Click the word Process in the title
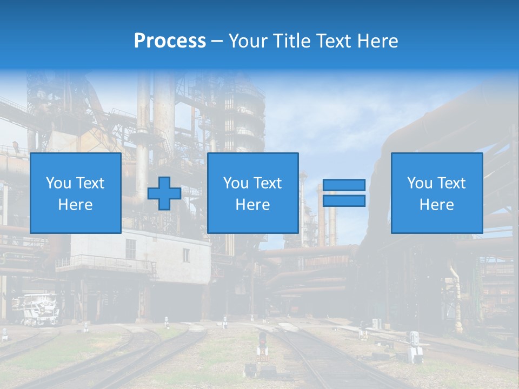170,41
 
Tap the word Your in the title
248,41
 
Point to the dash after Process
217,42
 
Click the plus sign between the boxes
164,193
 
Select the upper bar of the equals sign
344,185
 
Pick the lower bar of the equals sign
344,200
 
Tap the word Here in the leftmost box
75,205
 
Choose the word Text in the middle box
268,183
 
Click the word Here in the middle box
252,205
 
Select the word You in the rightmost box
420,183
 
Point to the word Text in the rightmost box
451,183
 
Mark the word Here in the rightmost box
436,205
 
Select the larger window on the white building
131,249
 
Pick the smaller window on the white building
186,255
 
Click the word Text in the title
333,41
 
